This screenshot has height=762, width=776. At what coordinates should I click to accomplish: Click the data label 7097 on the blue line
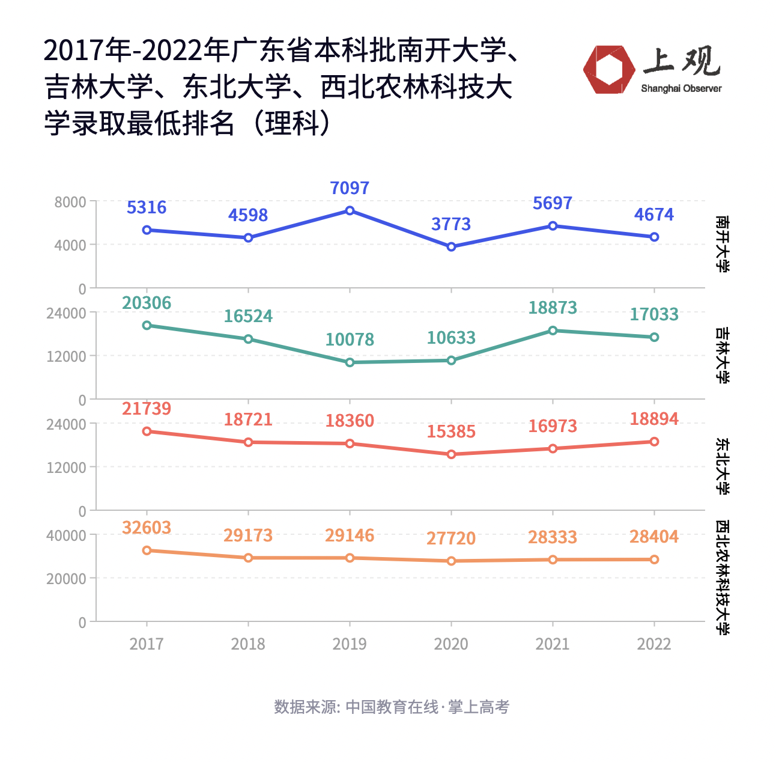[350, 188]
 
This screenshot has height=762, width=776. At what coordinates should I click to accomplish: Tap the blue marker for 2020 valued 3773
[451, 246]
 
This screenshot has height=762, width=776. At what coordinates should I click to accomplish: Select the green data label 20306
[147, 303]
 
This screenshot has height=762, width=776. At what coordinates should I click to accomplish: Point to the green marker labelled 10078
[350, 362]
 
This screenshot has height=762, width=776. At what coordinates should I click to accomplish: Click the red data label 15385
[451, 431]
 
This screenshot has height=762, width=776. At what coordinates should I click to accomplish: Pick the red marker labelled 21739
[147, 431]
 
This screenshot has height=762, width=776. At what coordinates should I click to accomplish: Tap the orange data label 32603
[147, 528]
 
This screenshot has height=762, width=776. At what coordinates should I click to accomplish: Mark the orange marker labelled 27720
[451, 561]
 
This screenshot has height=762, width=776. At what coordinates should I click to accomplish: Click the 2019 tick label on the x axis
[350, 644]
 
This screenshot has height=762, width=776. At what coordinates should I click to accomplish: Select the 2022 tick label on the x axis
[654, 644]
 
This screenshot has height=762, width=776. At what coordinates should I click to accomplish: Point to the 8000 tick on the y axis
[70, 202]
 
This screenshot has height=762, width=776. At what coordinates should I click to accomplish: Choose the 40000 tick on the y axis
[66, 535]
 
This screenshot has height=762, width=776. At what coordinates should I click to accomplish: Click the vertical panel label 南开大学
[723, 244]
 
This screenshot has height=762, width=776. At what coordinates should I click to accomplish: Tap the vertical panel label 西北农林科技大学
[723, 578]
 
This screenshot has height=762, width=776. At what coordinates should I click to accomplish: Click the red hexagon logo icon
[608, 70]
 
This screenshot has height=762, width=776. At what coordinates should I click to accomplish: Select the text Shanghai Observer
[681, 89]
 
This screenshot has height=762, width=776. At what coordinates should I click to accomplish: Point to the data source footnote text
[391, 707]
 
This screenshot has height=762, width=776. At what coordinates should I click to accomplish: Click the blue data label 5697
[553, 203]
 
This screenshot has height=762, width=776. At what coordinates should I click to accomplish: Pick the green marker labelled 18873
[553, 331]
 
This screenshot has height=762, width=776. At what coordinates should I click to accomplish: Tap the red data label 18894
[654, 419]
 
